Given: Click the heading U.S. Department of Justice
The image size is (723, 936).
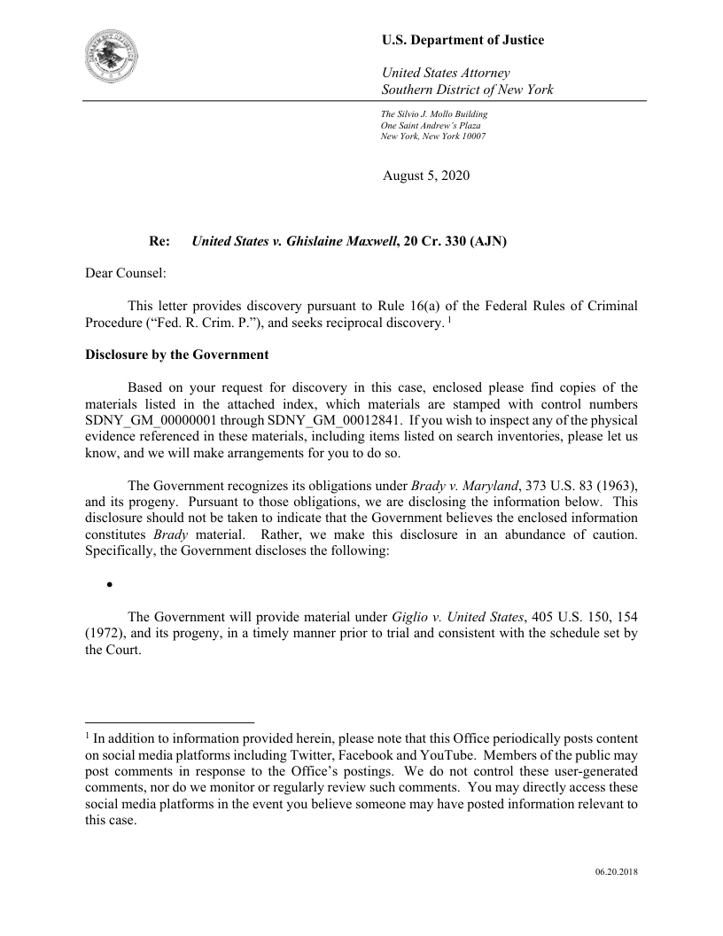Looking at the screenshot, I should coord(463,40).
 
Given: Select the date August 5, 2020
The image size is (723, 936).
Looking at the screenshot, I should coord(426,175).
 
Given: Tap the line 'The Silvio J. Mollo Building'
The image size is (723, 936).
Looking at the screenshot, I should coord(434,114).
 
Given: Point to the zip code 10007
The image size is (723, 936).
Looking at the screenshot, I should coord(470,136).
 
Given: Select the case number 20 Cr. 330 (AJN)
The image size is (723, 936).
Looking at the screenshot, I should coord(455,240).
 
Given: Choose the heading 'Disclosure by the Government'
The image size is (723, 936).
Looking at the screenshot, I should coord(176,355).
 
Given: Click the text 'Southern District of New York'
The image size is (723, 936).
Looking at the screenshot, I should coord(467,90).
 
